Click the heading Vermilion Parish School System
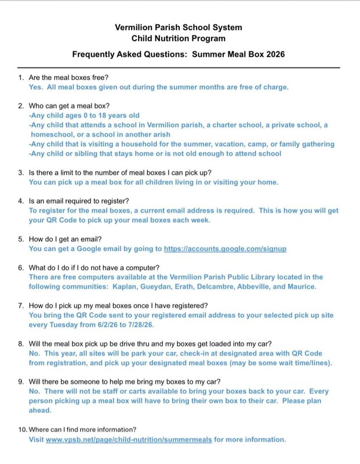click(179, 27)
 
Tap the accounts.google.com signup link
click(225, 249)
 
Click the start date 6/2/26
click(99, 325)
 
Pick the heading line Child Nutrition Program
click(179, 39)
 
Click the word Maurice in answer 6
click(301, 287)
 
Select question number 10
click(22, 429)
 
